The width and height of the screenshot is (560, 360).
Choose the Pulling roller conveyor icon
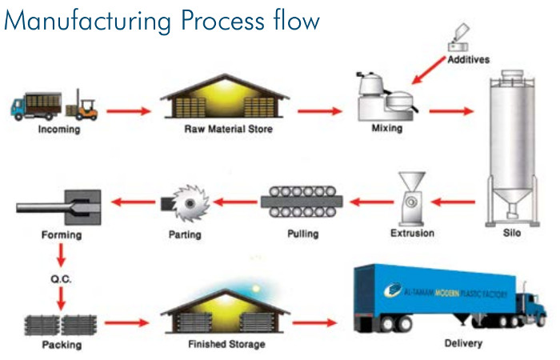302,202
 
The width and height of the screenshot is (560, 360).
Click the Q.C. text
59,278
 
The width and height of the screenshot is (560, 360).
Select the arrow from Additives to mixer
430,70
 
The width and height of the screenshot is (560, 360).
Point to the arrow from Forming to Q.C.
59,256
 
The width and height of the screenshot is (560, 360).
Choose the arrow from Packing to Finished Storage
126,323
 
